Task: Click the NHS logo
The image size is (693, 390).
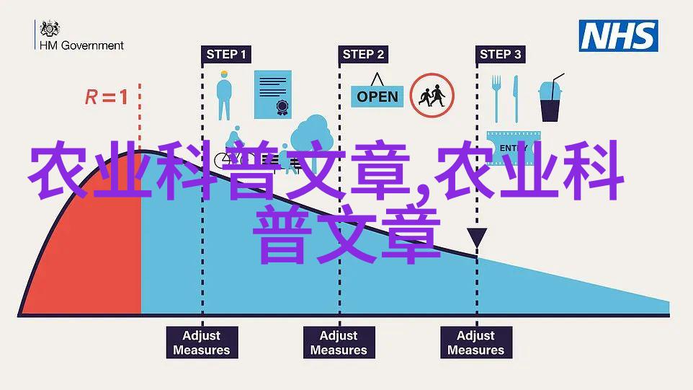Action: pos(618,36)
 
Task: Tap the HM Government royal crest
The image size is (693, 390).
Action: pos(50,29)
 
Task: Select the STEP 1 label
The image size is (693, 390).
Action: pos(226,54)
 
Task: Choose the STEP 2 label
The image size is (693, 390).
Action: pos(363,54)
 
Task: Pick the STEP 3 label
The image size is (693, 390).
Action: pos(501,54)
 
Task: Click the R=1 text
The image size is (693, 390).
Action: pos(107,97)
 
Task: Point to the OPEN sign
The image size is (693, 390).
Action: pos(377,91)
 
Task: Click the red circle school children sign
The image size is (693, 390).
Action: pos(432,95)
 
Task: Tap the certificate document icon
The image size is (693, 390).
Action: pos(273,94)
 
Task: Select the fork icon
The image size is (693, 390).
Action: pos(497,99)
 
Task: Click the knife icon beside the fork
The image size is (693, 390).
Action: pos(515,99)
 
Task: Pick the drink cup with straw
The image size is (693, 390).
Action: pos(550,98)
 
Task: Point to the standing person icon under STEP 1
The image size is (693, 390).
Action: pos(224,95)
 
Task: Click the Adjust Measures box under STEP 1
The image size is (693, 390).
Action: pos(202,342)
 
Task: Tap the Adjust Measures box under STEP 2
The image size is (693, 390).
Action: pos(339,342)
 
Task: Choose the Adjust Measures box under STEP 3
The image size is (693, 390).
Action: pos(476,342)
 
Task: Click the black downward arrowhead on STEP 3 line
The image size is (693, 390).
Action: pos(477,237)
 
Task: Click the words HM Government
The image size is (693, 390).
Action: pos(82,45)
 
